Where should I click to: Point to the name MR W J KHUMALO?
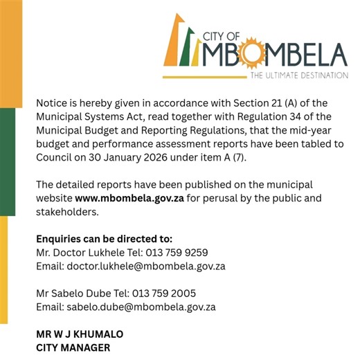click(80, 334)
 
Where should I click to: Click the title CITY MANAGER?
click(73, 348)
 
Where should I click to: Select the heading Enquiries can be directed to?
click(104, 239)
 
